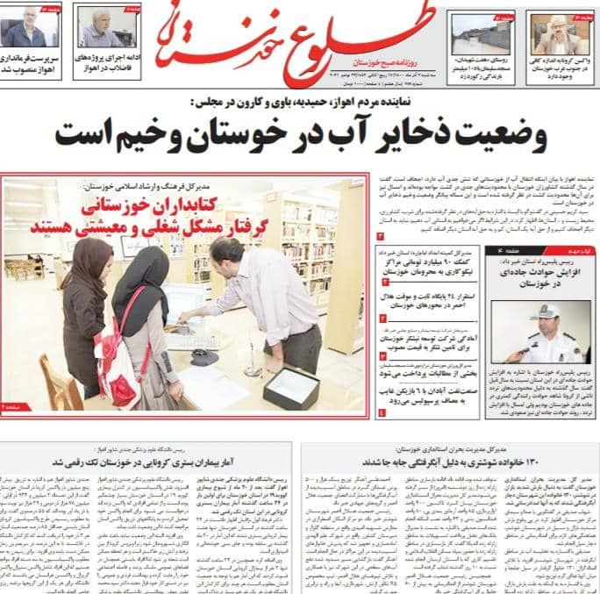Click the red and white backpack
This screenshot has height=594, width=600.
point(119,351)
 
